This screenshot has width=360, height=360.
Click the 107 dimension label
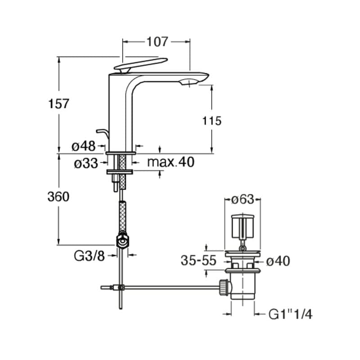[157, 42]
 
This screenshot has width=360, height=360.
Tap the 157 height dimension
[59, 104]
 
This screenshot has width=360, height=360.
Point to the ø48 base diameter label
[84, 146]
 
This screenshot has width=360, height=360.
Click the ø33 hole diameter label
[85, 163]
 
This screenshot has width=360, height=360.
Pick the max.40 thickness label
[171, 162]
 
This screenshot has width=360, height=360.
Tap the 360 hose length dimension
[59, 197]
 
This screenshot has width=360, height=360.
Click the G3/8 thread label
[89, 256]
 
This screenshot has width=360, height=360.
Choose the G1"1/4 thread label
[290, 314]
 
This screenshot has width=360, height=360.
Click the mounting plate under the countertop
[120, 172]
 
